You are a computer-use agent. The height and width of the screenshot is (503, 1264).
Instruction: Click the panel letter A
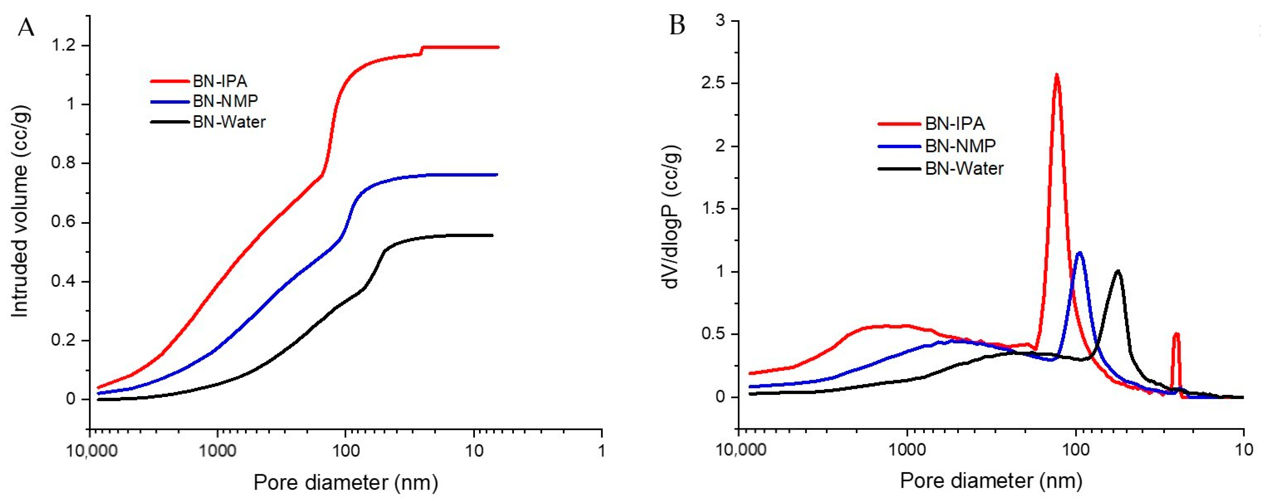[26, 28]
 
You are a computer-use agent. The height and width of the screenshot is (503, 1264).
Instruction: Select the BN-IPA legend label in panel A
[220, 81]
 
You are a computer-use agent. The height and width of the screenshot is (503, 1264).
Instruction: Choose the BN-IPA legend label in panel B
[955, 124]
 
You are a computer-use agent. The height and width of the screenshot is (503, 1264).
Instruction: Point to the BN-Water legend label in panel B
[964, 168]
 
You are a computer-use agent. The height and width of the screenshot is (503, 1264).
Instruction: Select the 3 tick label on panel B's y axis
[720, 21]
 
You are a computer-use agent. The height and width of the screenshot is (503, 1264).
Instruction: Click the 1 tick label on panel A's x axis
[602, 450]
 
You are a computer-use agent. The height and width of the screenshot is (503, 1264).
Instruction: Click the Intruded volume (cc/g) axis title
[20, 211]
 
